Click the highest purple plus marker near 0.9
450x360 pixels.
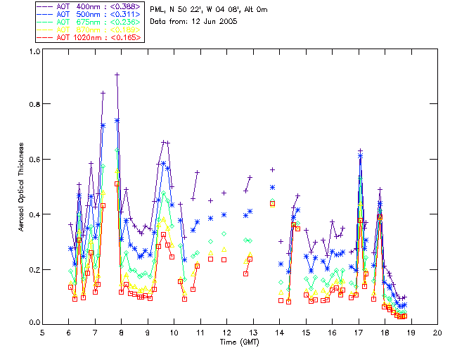[117, 75]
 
